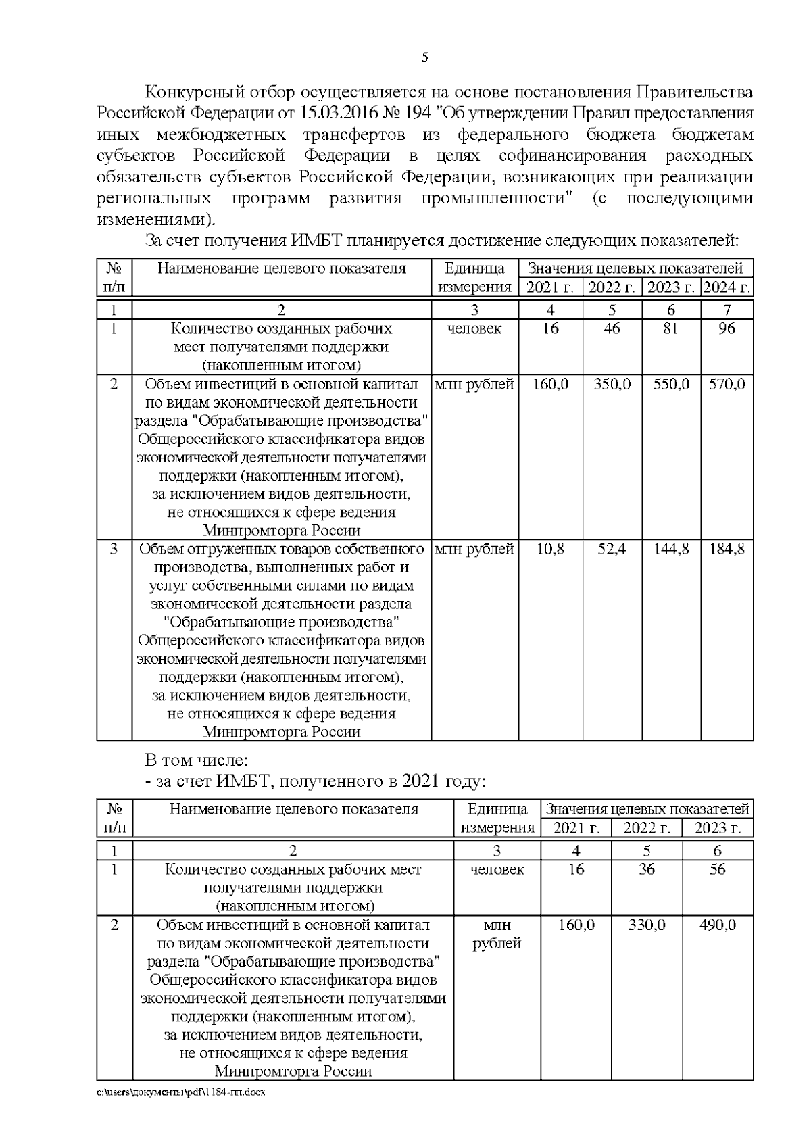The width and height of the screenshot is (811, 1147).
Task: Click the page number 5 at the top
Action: (424, 57)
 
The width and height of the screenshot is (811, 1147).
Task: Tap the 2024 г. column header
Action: (727, 287)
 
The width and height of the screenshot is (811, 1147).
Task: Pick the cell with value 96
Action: (727, 329)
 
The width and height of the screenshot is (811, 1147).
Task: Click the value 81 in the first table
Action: (670, 329)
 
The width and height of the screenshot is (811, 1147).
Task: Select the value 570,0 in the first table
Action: (727, 384)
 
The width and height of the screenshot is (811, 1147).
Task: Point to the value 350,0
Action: (612, 384)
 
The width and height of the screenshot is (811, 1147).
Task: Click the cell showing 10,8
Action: (550, 549)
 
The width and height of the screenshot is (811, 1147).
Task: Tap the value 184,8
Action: (727, 549)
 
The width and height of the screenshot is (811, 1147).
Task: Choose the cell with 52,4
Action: (612, 549)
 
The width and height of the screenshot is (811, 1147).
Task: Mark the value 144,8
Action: (670, 549)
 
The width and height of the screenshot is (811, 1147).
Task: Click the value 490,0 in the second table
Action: (717, 925)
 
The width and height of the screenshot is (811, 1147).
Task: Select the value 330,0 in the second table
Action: (646, 925)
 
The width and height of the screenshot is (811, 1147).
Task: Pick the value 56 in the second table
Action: (717, 869)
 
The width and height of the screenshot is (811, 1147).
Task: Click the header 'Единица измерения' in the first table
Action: (474, 277)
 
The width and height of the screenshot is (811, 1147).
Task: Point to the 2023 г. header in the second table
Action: (717, 828)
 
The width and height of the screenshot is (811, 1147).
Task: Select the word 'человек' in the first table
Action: (474, 329)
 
